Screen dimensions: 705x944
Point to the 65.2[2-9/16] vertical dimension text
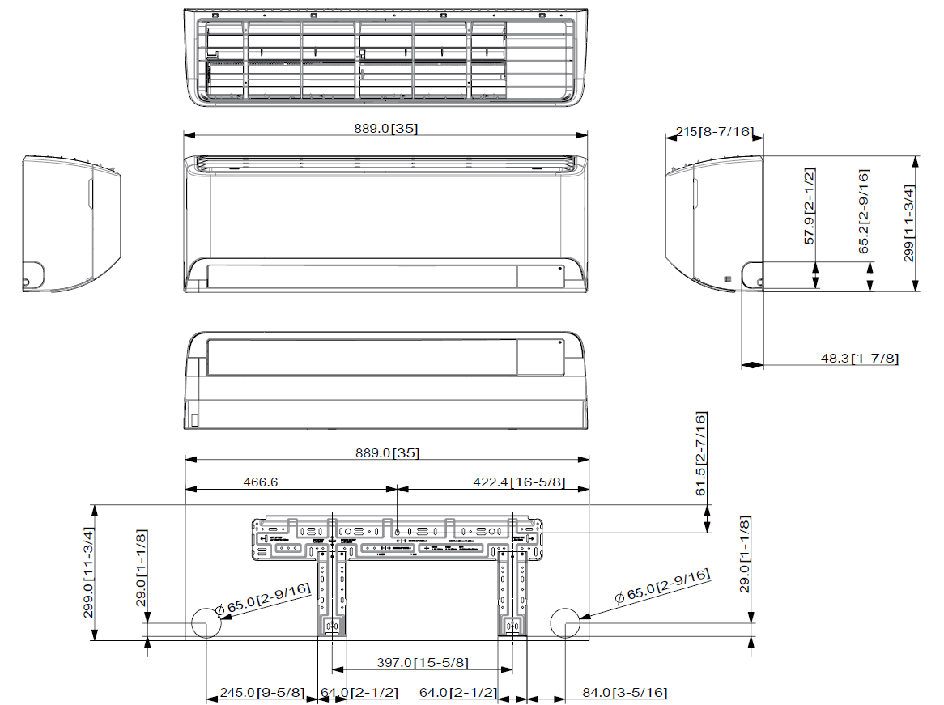point(864,212)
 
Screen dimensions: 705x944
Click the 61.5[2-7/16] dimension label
point(701,454)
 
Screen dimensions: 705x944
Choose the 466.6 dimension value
point(261,482)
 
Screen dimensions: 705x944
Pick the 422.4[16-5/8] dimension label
point(519,482)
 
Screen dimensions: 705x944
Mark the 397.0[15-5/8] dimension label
point(422,663)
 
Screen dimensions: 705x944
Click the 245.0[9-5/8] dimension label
point(262,693)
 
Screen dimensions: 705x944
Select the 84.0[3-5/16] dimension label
point(625,693)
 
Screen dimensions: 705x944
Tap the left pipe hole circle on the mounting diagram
point(206,623)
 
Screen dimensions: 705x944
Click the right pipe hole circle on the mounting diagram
point(565,623)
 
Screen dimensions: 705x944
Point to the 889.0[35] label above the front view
point(385,128)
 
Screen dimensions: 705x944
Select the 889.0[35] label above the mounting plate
point(387,452)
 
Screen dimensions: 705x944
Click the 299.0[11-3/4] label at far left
point(89,572)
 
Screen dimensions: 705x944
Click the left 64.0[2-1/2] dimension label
point(359,693)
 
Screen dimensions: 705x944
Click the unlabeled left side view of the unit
point(71,224)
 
